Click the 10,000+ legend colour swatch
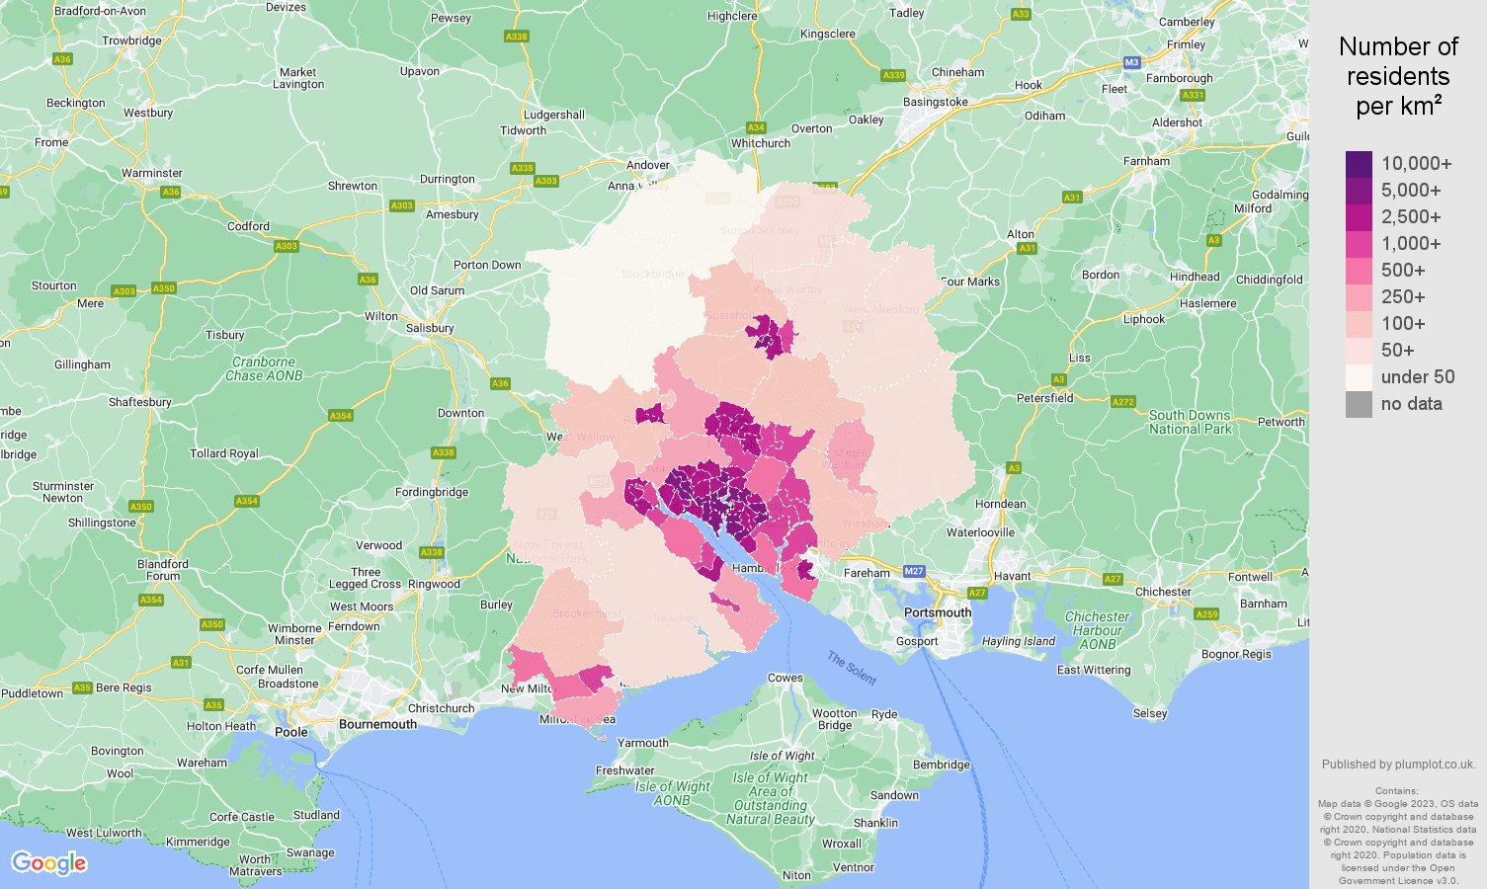1359,164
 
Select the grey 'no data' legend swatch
1359,404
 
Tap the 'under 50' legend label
1417,377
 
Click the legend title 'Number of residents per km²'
1398,76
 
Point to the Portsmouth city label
938,612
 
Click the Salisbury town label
430,328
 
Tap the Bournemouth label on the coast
377,724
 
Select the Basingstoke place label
936,102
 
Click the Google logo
49,862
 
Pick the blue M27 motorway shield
913,572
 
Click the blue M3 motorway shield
1131,62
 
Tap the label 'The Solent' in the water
852,669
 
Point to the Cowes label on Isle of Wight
785,678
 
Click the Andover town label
648,165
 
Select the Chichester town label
1163,592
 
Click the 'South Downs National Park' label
1190,422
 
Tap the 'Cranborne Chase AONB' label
264,368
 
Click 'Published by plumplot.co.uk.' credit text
1398,765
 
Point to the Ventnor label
854,867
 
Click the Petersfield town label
1045,398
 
